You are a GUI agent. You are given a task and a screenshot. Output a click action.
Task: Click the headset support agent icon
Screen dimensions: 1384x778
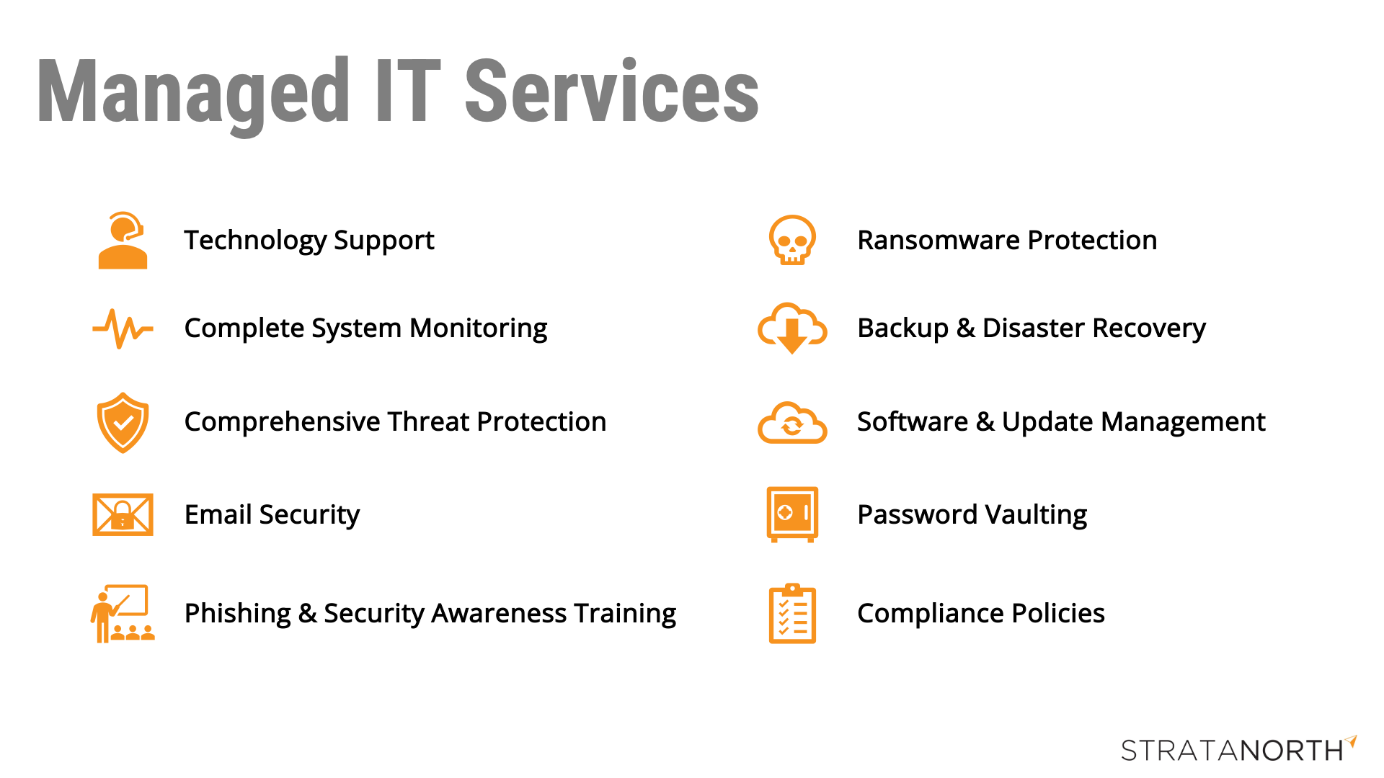[123, 240]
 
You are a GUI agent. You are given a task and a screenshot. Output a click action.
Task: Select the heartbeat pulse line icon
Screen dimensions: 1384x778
[123, 328]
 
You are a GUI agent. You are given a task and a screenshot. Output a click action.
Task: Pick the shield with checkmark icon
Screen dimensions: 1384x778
[123, 422]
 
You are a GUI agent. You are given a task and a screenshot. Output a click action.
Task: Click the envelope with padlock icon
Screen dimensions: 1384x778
[123, 514]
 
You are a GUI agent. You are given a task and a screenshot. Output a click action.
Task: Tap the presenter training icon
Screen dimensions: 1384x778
[123, 613]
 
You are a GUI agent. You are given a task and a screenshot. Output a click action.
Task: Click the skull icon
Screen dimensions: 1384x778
[792, 240]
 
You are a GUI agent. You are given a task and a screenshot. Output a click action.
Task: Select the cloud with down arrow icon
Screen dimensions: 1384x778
[792, 328]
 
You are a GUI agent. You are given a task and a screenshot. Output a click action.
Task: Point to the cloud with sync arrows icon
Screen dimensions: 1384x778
[792, 422]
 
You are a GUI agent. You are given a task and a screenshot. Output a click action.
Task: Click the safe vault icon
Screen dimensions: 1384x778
[792, 514]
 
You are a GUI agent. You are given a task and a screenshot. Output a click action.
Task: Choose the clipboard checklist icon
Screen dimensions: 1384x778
[792, 613]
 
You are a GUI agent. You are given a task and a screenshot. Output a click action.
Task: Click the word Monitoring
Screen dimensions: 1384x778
[479, 328]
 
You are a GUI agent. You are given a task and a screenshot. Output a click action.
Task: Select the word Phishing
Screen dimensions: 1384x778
[238, 614]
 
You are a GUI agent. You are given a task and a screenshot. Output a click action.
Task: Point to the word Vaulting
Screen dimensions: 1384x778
[1036, 515]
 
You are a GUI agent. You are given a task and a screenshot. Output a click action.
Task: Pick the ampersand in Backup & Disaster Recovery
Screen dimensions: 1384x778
[965, 328]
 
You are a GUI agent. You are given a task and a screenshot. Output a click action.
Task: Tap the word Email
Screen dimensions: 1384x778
[218, 514]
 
